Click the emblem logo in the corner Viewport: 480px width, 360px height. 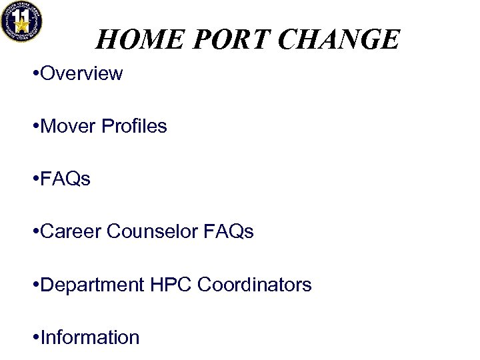tap(21, 21)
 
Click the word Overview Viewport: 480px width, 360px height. tap(81, 73)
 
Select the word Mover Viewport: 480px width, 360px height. tap(68, 126)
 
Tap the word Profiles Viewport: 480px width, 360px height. tap(134, 126)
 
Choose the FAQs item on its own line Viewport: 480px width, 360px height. tap(65, 179)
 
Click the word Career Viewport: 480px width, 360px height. tap(71, 231)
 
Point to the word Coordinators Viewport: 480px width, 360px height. tap(255, 285)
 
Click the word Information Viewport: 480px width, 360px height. tap(90, 337)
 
